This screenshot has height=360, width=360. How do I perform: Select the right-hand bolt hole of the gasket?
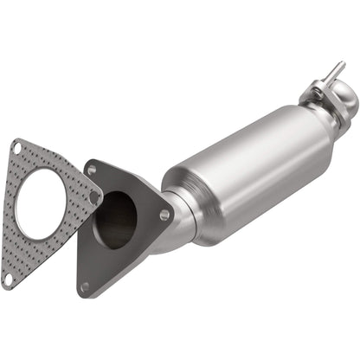(96, 198)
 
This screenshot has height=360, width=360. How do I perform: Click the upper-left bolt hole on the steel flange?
(92, 170)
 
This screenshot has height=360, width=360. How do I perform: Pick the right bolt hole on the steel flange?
(164, 215)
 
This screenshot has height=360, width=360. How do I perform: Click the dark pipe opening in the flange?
(116, 221)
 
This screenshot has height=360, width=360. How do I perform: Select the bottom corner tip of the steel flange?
(83, 294)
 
